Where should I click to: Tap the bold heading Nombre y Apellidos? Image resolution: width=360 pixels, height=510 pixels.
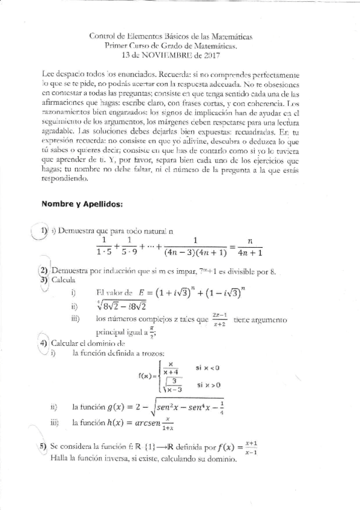tap(82, 204)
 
